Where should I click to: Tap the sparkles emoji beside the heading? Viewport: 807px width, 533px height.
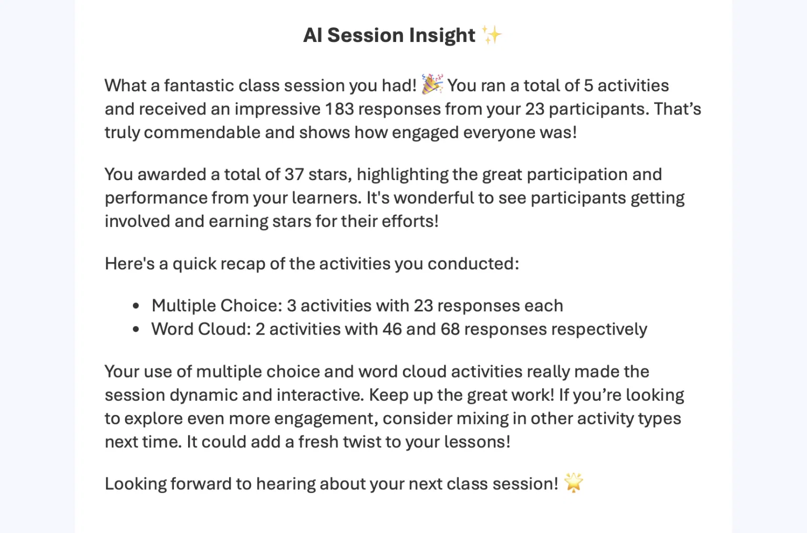click(x=492, y=35)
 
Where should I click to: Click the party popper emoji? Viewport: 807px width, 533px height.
click(x=432, y=84)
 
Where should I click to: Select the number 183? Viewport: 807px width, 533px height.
click(x=339, y=109)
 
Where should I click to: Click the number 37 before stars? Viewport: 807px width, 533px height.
click(x=294, y=174)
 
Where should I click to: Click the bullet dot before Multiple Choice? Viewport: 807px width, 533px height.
click(x=136, y=306)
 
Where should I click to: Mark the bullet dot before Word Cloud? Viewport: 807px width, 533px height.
click(x=136, y=330)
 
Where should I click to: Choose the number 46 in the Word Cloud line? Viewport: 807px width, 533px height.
click(x=392, y=329)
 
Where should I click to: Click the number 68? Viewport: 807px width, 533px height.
click(x=450, y=329)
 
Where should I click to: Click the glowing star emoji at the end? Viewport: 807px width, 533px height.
click(x=573, y=483)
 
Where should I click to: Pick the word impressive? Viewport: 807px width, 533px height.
click(x=277, y=109)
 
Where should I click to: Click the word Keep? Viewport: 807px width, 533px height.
click(x=388, y=395)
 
